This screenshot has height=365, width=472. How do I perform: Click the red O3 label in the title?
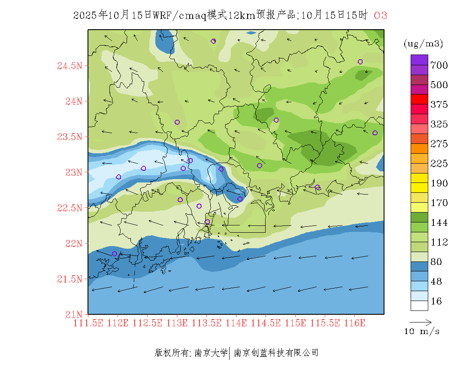click(381, 15)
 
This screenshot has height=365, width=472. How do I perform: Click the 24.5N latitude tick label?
click(70, 66)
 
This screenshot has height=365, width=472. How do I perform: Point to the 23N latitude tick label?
click(73, 172)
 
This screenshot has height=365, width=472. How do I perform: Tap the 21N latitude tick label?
click(73, 314)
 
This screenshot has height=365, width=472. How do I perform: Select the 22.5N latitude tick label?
click(70, 208)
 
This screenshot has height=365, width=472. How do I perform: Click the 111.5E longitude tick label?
click(88, 323)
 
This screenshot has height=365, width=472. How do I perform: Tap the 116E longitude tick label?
click(354, 323)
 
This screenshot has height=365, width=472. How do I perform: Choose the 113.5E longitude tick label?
click(206, 323)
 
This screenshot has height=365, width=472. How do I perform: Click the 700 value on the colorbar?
click(439, 65)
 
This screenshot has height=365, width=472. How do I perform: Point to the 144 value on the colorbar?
click(439, 222)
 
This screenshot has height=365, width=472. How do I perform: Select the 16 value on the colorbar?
click(436, 301)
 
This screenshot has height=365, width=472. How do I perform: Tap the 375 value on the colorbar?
click(439, 105)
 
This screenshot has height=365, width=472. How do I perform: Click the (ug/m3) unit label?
click(424, 44)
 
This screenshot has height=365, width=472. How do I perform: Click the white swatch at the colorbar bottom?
click(419, 305)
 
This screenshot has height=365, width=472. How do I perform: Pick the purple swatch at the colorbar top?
click(419, 60)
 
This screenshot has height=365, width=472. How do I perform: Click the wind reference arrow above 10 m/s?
click(421, 322)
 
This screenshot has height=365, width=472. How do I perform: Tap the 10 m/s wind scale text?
click(422, 332)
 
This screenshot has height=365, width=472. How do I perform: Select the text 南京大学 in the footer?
click(211, 353)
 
